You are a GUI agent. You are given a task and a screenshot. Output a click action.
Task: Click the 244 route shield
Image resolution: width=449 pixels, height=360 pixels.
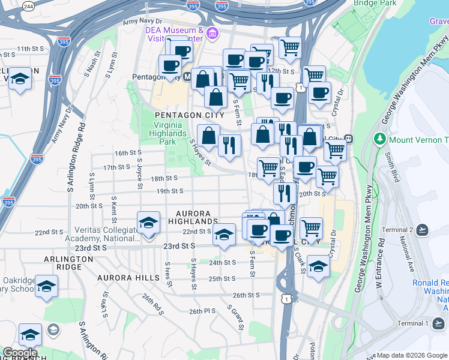[x=28, y=6]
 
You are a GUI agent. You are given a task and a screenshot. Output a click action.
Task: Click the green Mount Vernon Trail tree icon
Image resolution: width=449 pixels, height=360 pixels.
[x=379, y=139]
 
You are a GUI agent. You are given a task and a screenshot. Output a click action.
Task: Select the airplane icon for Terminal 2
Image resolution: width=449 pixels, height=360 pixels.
[x=423, y=230]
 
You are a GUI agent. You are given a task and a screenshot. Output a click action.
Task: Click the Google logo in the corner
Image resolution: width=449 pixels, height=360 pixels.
[x=19, y=353]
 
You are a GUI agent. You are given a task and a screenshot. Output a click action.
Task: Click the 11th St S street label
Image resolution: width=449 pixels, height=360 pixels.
[x=32, y=49]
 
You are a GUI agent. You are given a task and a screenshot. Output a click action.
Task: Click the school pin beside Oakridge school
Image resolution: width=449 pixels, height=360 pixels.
[x=46, y=286]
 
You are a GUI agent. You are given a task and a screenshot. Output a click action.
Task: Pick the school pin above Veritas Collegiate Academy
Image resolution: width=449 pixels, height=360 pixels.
[x=148, y=223]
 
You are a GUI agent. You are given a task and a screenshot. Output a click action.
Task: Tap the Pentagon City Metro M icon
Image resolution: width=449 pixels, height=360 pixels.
[x=187, y=77]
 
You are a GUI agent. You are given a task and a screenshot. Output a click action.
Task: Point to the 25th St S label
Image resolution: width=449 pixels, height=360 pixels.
[x=221, y=279]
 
